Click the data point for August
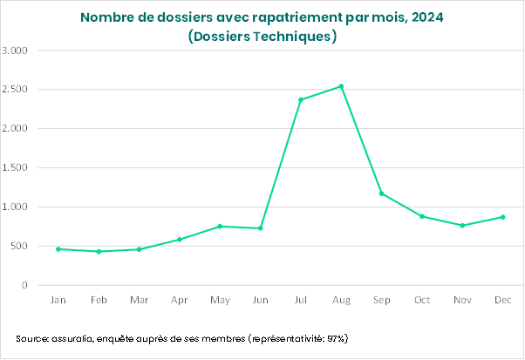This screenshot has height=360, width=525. pyautogui.click(x=341, y=86)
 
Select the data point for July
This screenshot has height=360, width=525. pyautogui.click(x=301, y=99)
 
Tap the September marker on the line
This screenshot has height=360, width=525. pyautogui.click(x=381, y=194)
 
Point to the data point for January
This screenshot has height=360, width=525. pyautogui.click(x=58, y=249)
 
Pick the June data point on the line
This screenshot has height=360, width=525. pyautogui.click(x=260, y=228)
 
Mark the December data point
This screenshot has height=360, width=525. pyautogui.click(x=502, y=217)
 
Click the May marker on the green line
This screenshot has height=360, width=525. pyautogui.click(x=220, y=227)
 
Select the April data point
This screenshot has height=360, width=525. pyautogui.click(x=180, y=240)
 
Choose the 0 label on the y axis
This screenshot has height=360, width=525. pyautogui.click(x=25, y=286)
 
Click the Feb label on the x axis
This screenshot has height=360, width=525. pyautogui.click(x=99, y=301)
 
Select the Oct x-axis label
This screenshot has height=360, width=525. pyautogui.click(x=422, y=301)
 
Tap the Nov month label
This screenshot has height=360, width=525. pyautogui.click(x=462, y=301)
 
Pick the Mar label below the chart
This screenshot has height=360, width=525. pyautogui.click(x=139, y=301)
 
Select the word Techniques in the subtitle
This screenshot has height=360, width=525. pyautogui.click(x=290, y=37)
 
